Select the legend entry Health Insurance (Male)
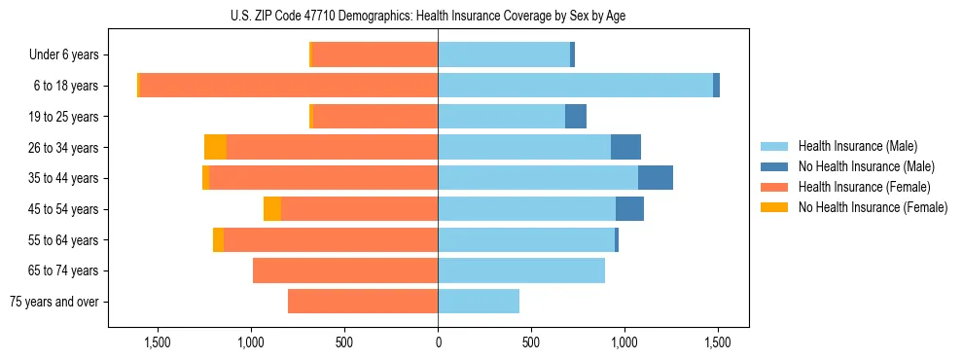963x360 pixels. (x=857, y=146)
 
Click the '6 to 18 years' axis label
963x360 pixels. (x=66, y=86)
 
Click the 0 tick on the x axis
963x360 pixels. (x=438, y=342)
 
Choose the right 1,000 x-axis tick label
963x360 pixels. (x=624, y=342)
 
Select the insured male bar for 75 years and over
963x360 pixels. (x=479, y=302)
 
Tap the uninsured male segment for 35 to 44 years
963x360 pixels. (x=656, y=178)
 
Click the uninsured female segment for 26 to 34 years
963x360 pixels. (x=215, y=147)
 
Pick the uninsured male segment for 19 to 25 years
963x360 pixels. (x=576, y=117)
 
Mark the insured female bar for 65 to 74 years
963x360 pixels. (x=345, y=270)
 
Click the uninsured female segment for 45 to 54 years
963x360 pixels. (x=272, y=209)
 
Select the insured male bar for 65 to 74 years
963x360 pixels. (x=521, y=270)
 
